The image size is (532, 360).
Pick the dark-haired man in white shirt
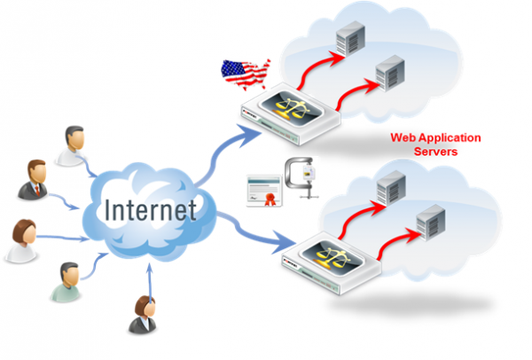pos(73,144)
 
